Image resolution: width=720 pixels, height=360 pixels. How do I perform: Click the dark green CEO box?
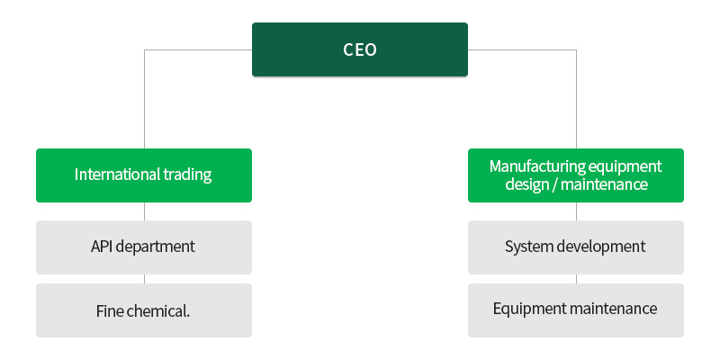pyautogui.click(x=359, y=49)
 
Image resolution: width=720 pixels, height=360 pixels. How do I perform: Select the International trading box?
pyautogui.click(x=144, y=175)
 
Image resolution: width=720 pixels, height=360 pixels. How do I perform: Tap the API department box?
pyautogui.click(x=144, y=247)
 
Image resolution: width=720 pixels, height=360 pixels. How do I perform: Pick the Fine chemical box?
pyautogui.click(x=144, y=310)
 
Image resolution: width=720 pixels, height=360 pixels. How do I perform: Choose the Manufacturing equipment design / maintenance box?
pyautogui.click(x=576, y=175)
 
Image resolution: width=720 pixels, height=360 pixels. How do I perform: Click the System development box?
pyautogui.click(x=576, y=247)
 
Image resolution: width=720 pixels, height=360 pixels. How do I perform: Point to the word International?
pyautogui.click(x=118, y=175)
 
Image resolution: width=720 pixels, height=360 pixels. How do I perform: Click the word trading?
pyautogui.click(x=187, y=175)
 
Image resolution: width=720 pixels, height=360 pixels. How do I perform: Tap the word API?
pyautogui.click(x=102, y=247)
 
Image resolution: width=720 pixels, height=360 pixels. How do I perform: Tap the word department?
pyautogui.click(x=155, y=247)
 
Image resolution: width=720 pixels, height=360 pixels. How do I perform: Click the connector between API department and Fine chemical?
pyautogui.click(x=144, y=279)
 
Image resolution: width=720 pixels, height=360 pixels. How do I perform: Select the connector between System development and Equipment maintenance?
pyautogui.click(x=576, y=279)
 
